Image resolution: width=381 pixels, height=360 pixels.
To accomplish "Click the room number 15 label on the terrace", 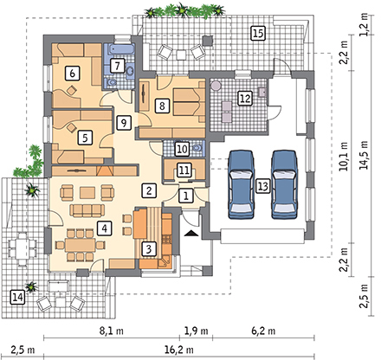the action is [258, 33].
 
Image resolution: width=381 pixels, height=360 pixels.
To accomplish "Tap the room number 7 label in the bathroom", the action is [117, 66].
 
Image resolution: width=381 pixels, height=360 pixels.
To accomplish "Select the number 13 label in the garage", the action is [262, 186].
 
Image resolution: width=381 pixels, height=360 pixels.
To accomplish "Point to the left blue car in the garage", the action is [242, 184].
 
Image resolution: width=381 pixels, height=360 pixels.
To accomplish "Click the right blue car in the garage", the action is [284, 184].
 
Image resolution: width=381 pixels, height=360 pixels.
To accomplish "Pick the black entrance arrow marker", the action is [191, 233].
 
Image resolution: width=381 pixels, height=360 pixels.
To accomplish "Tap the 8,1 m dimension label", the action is [112, 331].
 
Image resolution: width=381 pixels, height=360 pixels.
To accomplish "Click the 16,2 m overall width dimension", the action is [179, 350].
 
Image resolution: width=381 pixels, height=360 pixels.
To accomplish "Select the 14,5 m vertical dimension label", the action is [365, 155].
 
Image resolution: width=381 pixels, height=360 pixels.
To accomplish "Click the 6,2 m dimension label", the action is [263, 331].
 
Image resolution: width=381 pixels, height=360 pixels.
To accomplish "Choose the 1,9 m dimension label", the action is [196, 331].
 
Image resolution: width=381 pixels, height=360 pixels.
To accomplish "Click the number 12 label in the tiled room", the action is [244, 99].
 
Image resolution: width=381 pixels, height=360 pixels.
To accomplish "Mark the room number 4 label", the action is [104, 228].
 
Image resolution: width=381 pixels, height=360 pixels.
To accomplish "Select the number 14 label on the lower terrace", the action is [17, 297].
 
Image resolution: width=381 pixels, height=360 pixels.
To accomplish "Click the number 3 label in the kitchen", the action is [149, 248].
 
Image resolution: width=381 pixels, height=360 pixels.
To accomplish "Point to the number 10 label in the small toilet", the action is [182, 149].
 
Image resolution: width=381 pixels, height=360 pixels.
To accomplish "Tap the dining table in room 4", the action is [80, 245].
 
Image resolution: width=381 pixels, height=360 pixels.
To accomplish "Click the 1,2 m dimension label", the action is [365, 25].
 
